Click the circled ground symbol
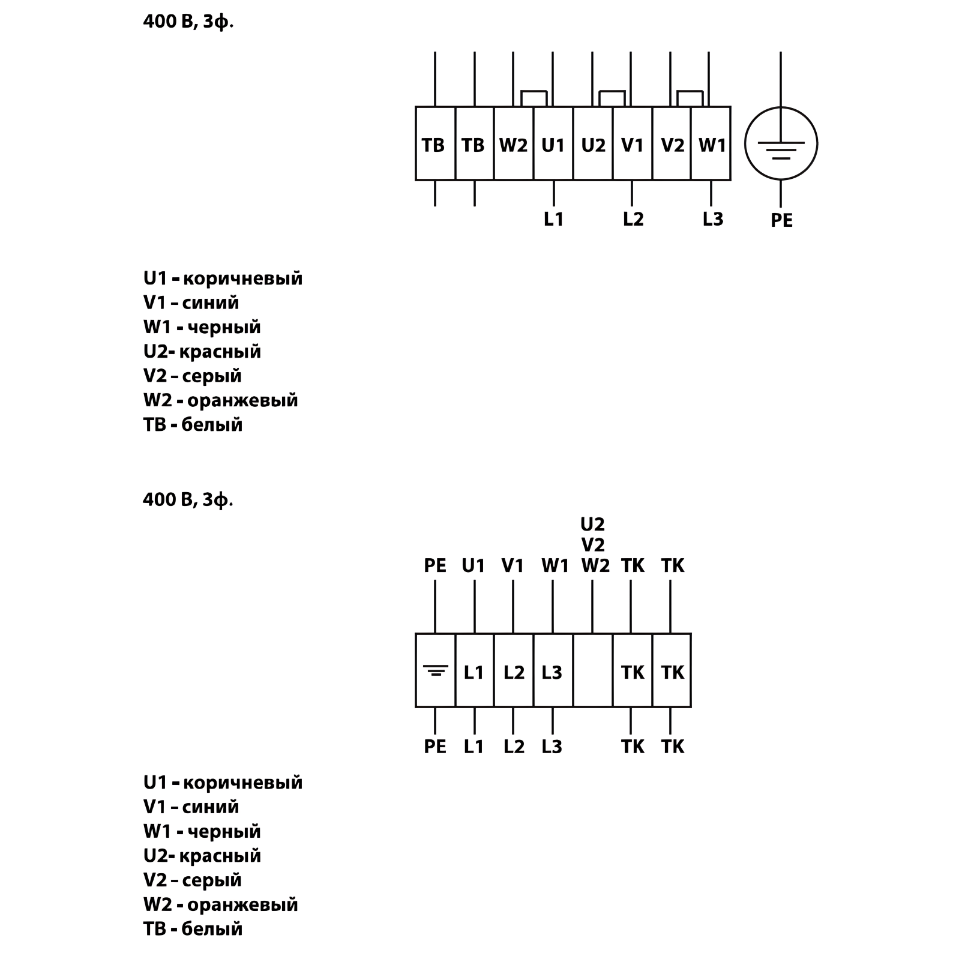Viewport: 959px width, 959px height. pos(781,143)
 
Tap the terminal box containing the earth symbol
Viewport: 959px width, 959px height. pos(435,670)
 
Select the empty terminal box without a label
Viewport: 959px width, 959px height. pos(592,670)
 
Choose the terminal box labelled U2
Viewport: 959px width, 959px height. pos(593,144)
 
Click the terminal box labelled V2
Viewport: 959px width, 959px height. pos(672,144)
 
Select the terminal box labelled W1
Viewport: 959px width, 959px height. pos(711,144)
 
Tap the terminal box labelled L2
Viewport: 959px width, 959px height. pos(514,670)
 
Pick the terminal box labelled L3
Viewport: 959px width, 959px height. pos(553,670)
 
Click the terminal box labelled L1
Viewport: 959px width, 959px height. pos(474,670)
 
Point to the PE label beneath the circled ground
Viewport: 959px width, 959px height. pos(781,221)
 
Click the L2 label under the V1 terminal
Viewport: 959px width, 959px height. pos(633,220)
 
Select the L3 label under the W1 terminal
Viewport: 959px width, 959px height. pos(712,220)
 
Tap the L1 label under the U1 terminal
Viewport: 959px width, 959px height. pos(553,220)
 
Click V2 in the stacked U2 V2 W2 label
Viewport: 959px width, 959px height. pos(592,545)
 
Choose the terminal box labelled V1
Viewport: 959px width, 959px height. pos(633,144)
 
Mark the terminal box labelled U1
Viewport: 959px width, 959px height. pos(553,144)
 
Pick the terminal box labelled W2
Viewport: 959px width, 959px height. pos(513,144)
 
